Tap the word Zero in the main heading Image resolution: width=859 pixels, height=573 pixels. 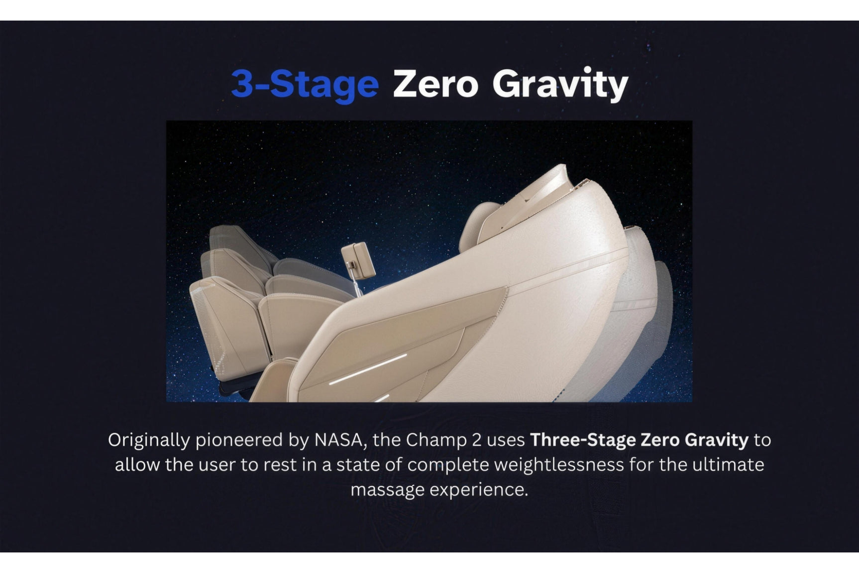435,84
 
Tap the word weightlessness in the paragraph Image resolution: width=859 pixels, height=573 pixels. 516,465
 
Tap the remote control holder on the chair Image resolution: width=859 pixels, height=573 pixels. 358,259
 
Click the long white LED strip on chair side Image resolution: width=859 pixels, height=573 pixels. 368,369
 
